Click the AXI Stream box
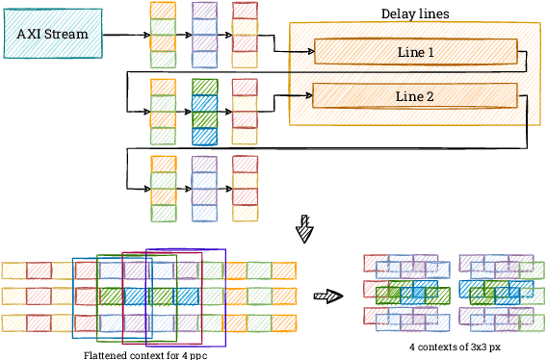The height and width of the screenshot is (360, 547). click(53, 34)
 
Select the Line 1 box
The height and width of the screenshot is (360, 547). click(415, 52)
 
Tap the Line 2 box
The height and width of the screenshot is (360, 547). click(414, 96)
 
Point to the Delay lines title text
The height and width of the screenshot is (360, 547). click(414, 13)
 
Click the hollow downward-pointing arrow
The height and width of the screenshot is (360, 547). click(304, 228)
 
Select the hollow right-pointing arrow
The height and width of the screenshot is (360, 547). click(329, 296)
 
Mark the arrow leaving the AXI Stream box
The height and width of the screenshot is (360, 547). click(125, 35)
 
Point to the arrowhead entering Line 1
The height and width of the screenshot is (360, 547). click(309, 52)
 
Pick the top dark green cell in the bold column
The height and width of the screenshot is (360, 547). click(204, 87)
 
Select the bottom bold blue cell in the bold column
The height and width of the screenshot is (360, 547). click(204, 136)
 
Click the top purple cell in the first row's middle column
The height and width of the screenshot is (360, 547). click(204, 11)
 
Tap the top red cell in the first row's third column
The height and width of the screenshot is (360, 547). click(245, 11)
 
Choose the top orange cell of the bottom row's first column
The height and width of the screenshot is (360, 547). click(164, 164)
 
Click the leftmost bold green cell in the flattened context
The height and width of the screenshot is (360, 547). click(111, 296)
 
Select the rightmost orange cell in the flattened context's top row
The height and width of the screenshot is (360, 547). click(283, 270)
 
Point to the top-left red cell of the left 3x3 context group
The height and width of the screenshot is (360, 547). click(376, 262)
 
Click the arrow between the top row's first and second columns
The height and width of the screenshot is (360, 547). click(184, 35)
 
